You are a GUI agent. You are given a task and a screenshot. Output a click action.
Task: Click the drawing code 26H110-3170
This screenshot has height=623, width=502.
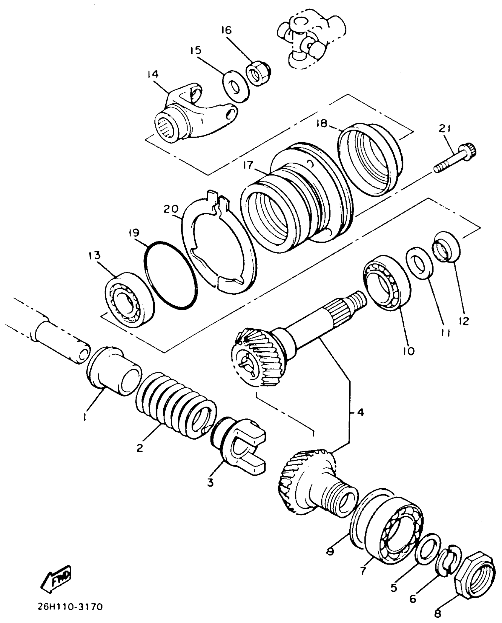click(70, 606)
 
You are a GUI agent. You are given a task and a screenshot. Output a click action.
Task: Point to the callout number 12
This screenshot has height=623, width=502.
click(464, 321)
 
